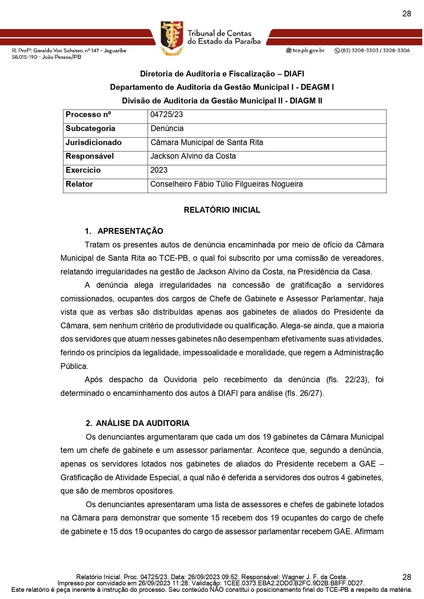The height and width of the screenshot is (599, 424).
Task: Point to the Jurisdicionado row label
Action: (94, 143)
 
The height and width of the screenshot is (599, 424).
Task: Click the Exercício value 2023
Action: (159, 170)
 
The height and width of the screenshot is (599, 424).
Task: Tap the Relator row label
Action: (79, 184)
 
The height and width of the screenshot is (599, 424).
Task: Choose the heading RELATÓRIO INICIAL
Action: (222, 210)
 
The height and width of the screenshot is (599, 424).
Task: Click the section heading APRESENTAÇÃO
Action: (130, 231)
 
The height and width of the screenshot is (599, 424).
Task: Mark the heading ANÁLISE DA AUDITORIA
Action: (142, 424)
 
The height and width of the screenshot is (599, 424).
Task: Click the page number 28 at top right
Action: (407, 14)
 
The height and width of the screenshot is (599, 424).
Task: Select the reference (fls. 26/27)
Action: (304, 393)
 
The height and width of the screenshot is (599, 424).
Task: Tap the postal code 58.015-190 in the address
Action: (25, 57)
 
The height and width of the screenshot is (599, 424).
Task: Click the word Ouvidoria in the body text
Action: (180, 380)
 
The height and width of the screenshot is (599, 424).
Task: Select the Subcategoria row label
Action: (91, 129)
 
